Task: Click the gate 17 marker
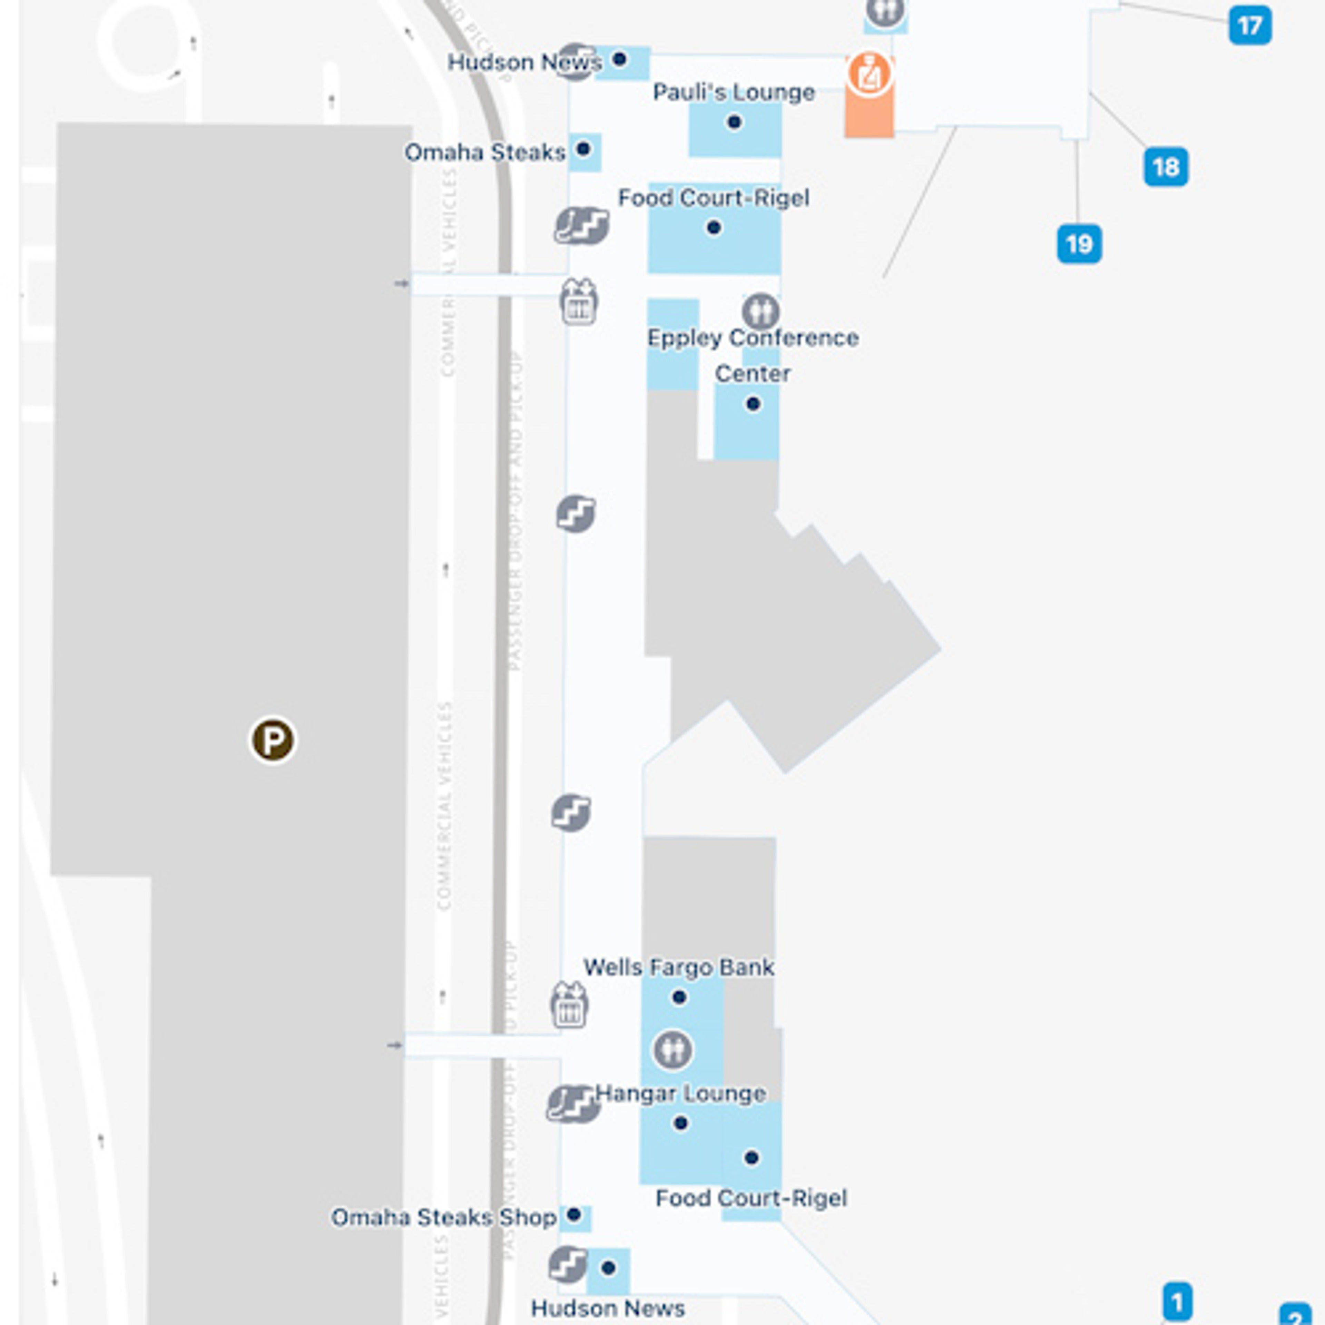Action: pyautogui.click(x=1249, y=26)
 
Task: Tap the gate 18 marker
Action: pyautogui.click(x=1166, y=167)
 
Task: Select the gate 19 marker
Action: pyautogui.click(x=1079, y=244)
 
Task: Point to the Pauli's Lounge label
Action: pyautogui.click(x=733, y=92)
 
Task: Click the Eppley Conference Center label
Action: pyautogui.click(x=752, y=355)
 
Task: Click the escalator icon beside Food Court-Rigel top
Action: pyautogui.click(x=581, y=226)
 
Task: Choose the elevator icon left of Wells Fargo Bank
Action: pyautogui.click(x=569, y=1005)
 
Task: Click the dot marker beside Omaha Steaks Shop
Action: pyautogui.click(x=574, y=1215)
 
